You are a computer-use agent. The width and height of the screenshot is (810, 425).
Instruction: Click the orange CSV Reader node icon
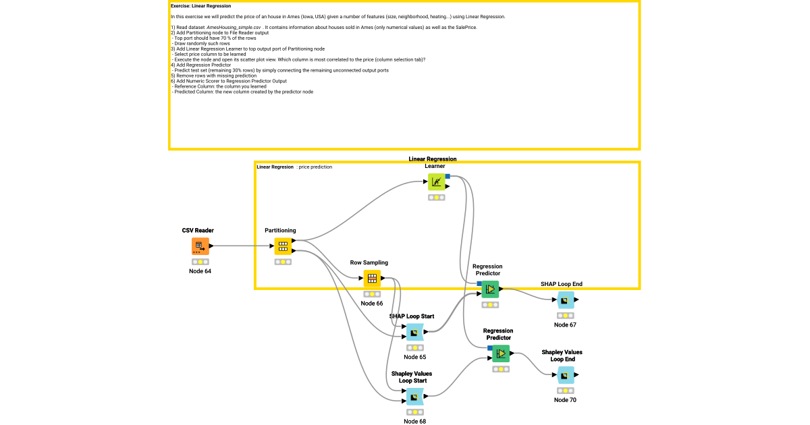tap(200, 247)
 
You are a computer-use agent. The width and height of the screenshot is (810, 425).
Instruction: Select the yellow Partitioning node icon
tap(283, 247)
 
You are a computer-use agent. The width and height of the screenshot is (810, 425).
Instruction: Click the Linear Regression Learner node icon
tap(437, 182)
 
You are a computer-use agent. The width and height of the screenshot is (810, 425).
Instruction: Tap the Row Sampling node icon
tap(372, 279)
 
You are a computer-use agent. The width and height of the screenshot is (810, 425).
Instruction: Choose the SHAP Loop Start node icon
tap(414, 332)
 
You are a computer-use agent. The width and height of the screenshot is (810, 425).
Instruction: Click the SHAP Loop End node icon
tap(566, 300)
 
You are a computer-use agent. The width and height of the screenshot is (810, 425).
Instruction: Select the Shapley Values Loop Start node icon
tap(414, 397)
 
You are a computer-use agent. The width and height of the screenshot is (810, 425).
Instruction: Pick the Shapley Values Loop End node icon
tap(566, 375)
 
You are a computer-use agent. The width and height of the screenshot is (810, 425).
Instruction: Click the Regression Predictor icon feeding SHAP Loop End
tap(490, 289)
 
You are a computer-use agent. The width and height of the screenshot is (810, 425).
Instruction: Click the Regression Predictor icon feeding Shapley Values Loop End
tap(501, 353)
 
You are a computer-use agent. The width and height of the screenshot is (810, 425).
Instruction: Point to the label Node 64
tap(200, 271)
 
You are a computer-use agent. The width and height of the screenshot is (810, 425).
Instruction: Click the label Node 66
tap(372, 304)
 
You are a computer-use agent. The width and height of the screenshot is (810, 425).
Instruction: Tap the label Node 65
tap(414, 357)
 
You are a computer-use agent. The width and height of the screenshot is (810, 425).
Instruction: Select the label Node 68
tap(414, 422)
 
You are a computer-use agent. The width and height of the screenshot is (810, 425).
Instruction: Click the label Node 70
tap(566, 400)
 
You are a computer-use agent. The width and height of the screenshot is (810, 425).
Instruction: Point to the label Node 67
tap(566, 324)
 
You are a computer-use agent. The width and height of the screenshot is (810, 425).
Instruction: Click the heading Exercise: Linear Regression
tap(200, 6)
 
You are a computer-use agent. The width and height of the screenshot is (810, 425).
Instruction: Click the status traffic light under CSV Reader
tap(200, 262)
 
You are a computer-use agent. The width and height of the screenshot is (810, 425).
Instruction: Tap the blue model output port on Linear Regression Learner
tap(448, 176)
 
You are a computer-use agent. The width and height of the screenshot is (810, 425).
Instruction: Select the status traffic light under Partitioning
tap(283, 262)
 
